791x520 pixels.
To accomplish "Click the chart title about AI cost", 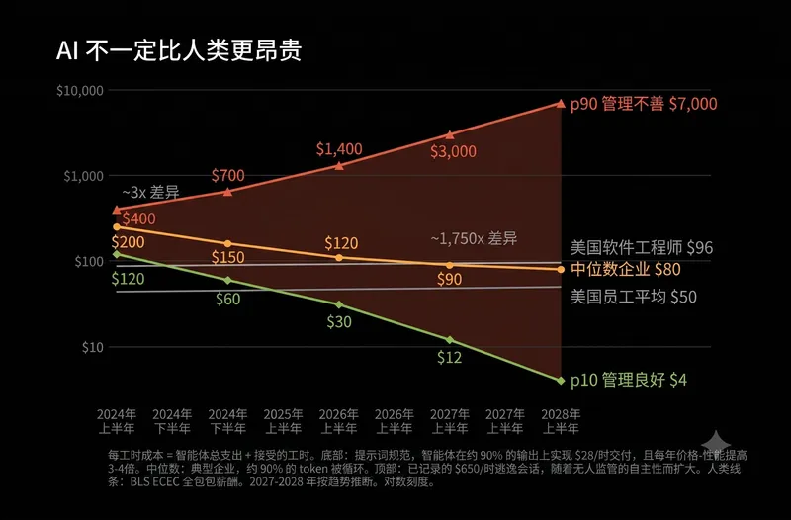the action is point(179,51).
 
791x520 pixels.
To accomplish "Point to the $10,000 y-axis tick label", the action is point(80,91).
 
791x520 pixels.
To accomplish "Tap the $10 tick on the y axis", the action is point(93,348).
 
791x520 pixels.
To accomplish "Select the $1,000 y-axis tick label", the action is point(83,176).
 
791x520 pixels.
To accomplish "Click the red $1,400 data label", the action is point(339,149).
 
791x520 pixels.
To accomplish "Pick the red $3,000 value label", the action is point(453,151).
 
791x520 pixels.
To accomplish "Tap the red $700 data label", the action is point(228,176).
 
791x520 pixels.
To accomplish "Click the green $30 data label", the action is point(339,321).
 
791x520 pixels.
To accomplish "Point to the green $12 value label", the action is point(450,358).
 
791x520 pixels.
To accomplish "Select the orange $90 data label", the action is point(450,279).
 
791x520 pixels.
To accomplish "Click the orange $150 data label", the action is point(228,258).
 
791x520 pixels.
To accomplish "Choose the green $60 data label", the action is point(228,300).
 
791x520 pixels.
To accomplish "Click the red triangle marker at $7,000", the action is point(561,104).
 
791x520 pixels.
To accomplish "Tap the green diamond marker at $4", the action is point(561,381).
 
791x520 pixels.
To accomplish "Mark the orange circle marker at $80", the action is point(561,269).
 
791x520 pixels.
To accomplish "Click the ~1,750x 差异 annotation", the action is point(475,238).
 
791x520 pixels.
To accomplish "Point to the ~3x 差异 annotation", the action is point(150,192).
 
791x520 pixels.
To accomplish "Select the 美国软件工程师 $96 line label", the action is point(642,248).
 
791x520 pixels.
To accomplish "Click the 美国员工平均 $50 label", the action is point(634,297).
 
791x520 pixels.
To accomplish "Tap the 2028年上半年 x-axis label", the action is point(561,422).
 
